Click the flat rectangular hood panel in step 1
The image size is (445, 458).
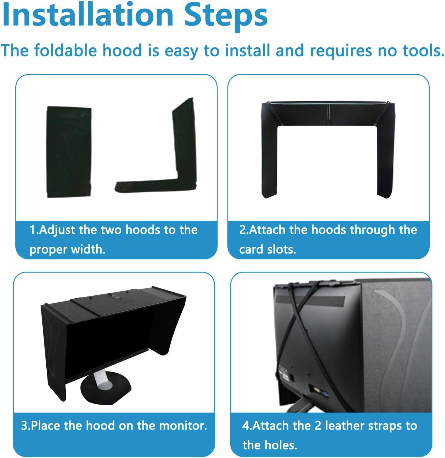(69, 152)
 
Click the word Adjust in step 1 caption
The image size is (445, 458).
(57, 230)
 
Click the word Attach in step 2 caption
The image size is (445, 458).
(267, 230)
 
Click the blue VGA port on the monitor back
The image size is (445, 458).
(325, 394)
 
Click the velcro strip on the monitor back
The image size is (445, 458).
(310, 300)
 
